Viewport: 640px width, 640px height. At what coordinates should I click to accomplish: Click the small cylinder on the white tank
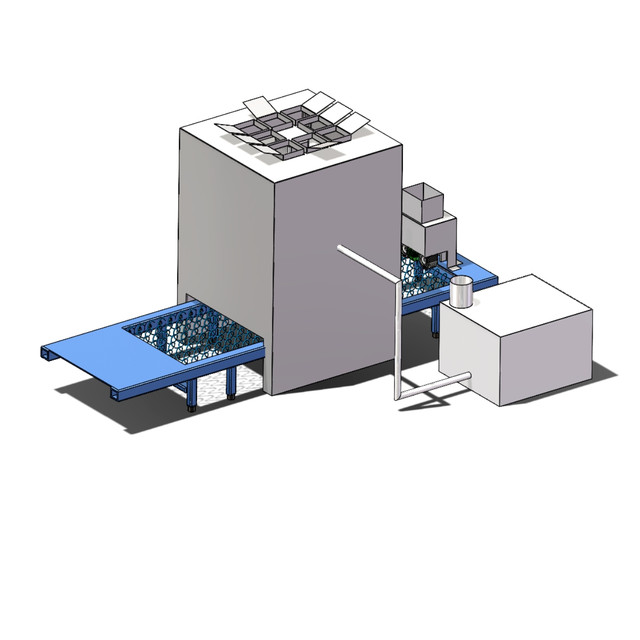pos(461,291)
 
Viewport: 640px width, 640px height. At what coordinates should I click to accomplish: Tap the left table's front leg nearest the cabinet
pos(232,382)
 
